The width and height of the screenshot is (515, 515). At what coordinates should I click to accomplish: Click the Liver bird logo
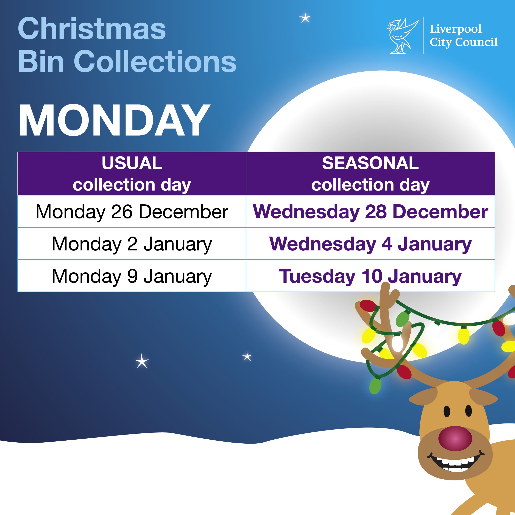click(402, 36)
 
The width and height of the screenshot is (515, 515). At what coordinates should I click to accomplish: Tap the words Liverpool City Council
click(463, 36)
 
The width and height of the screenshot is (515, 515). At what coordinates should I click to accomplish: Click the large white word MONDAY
click(114, 121)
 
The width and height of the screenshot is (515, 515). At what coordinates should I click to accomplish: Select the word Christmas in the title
click(92, 29)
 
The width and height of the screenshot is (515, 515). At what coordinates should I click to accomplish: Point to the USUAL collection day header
click(132, 174)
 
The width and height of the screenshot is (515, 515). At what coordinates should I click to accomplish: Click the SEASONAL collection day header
click(370, 174)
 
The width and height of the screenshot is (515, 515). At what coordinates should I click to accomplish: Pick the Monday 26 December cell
click(132, 212)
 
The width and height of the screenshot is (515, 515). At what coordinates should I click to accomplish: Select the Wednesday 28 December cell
click(370, 212)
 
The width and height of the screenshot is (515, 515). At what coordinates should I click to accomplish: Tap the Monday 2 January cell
click(132, 244)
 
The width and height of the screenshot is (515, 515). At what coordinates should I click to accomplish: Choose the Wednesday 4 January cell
click(370, 244)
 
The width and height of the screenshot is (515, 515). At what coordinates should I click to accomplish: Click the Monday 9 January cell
click(132, 276)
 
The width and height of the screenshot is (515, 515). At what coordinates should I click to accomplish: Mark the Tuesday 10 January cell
click(370, 276)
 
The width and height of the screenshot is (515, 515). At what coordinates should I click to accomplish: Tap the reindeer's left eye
click(447, 411)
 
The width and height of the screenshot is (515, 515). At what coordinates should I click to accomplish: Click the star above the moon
click(305, 18)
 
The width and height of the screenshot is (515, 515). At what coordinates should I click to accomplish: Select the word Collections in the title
click(157, 61)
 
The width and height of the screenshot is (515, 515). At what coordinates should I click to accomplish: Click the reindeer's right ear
click(483, 398)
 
